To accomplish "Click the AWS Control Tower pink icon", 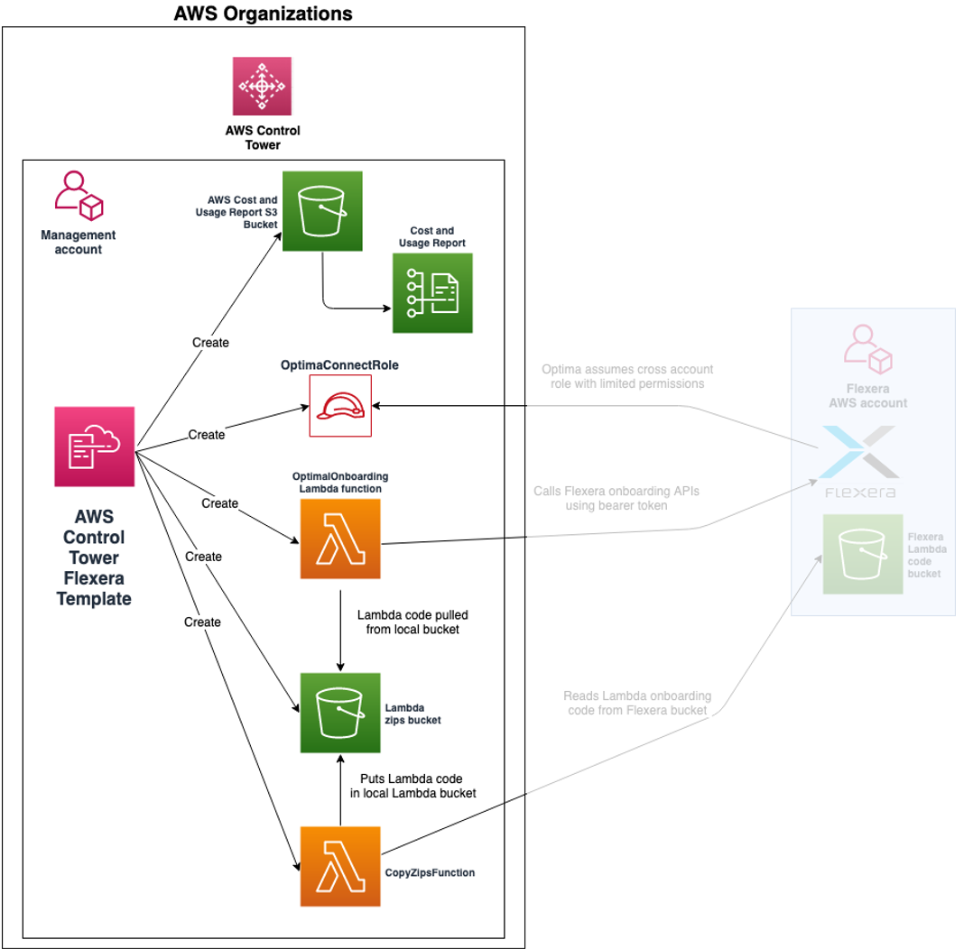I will tap(262, 86).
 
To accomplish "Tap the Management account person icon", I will tap(79, 196).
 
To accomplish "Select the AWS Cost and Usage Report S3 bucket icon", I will tap(322, 211).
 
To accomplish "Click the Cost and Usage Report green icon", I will tap(432, 293).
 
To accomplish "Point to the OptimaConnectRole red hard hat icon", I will tap(340, 406).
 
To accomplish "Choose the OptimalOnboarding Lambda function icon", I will tap(340, 539).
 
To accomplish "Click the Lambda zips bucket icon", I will tap(340, 713).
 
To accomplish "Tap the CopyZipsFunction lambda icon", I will tap(340, 866).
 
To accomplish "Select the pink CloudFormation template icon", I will tap(95, 447).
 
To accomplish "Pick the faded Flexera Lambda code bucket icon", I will tap(863, 554).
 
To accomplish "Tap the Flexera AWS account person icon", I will tap(867, 348).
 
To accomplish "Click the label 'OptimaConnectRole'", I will tap(340, 365).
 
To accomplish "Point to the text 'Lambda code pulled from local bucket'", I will tap(412, 622).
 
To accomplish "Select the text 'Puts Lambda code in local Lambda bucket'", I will tap(412, 786).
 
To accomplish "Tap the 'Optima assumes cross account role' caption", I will tap(627, 376).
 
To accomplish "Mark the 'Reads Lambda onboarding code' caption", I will tap(637, 703).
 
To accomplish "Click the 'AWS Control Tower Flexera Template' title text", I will tap(94, 557).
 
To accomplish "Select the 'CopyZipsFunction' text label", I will tap(430, 872).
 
